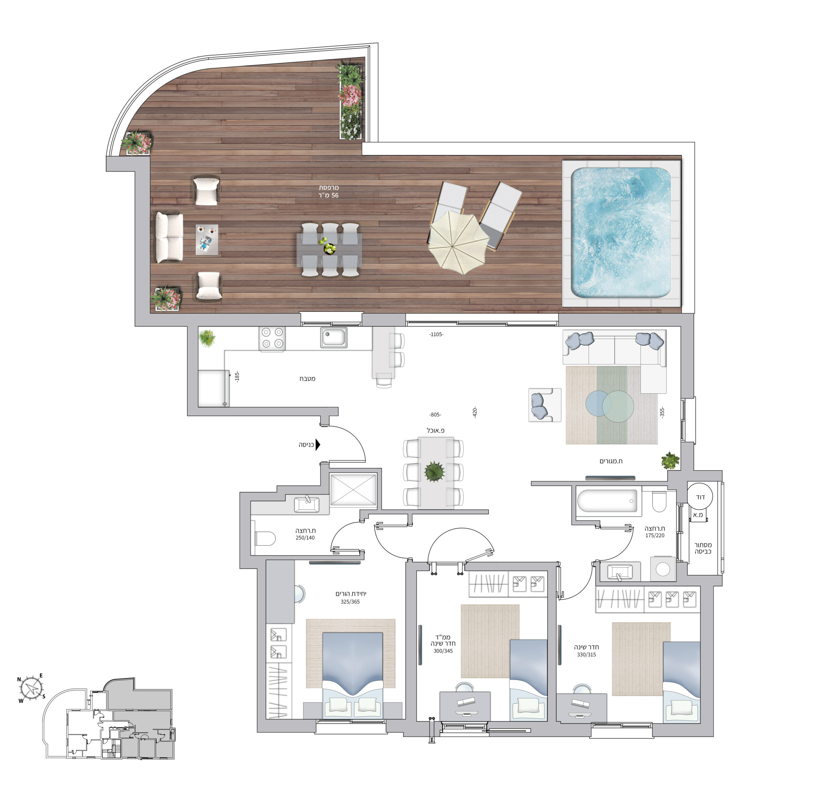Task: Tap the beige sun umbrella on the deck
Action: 459,242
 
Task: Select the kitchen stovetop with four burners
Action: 273,338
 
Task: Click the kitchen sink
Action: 334,337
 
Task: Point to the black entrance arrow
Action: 318,445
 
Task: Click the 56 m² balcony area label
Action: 329,191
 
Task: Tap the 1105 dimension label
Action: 436,334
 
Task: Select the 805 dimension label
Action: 435,415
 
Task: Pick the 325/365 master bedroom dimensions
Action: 350,602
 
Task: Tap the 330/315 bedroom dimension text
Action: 586,655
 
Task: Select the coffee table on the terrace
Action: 207,240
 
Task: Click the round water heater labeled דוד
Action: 700,497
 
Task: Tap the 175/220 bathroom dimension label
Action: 654,536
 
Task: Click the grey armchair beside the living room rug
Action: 544,405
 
